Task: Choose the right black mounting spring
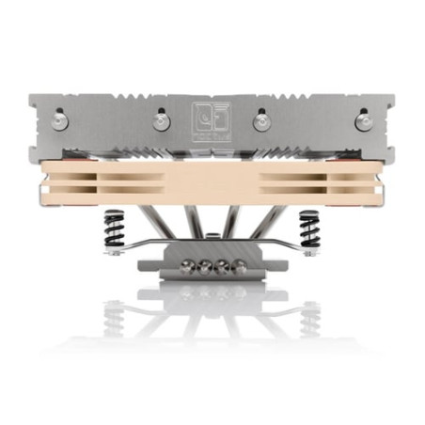[307, 228]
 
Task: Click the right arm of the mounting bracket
[282, 250]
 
